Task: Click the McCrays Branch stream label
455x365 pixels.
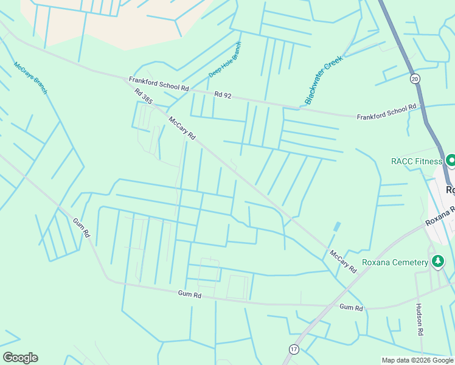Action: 30,78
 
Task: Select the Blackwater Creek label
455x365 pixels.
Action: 324,80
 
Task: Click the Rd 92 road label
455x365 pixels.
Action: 223,94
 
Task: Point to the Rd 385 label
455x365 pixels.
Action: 144,97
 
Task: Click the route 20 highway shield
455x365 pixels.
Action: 415,78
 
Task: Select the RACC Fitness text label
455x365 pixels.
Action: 417,161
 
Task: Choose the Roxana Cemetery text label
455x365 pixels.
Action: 395,262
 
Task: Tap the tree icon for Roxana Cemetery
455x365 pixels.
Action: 437,262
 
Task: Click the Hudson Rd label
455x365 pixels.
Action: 419,320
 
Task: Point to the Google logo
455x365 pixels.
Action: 20,357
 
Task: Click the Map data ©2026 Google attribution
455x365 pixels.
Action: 417,360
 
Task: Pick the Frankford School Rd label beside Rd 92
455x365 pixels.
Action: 159,84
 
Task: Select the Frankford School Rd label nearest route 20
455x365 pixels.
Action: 386,111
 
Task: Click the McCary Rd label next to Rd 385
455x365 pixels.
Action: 182,128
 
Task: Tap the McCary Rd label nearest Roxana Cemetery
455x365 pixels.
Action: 343,261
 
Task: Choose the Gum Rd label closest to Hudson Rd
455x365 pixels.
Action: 351,308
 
